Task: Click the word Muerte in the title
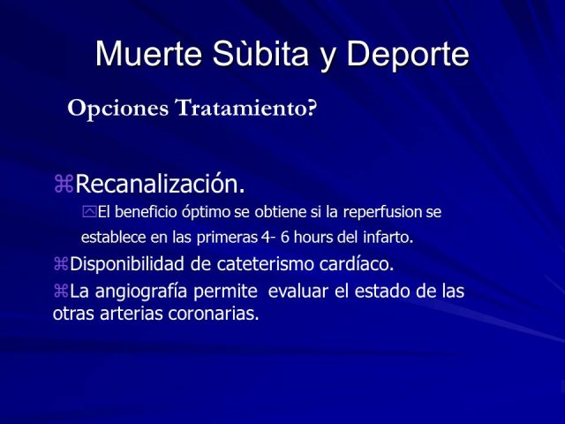pos(148,54)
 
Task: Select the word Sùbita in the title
pos(260,54)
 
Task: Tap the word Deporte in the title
pos(408,54)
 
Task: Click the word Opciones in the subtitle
pos(117,108)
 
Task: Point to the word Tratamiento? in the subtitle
pos(245,108)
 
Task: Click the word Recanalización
pos(160,184)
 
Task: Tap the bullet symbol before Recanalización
pos(64,184)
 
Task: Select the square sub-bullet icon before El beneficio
pos(89,211)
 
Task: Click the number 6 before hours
pos(285,238)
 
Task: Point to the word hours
pos(313,238)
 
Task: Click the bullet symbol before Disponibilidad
pos(61,263)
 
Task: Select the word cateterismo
pos(265,263)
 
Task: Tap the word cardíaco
pos(357,263)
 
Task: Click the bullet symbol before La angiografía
pos(61,291)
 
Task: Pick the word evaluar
pos(298,291)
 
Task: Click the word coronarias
pos(214,314)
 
